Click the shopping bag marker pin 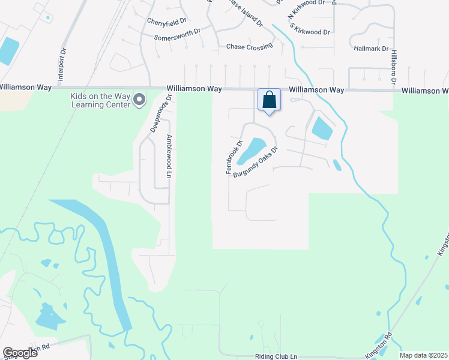(x=270, y=100)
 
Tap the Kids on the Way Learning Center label (x=100, y=100)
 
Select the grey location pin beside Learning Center (x=139, y=100)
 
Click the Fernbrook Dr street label (x=234, y=157)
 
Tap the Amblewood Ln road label (x=169, y=156)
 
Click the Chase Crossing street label (x=249, y=46)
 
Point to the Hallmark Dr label (x=372, y=49)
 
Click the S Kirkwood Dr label (x=310, y=28)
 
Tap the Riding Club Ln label (x=276, y=356)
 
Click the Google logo (x=20, y=352)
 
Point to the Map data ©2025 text (x=423, y=355)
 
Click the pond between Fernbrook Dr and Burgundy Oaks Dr (x=252, y=151)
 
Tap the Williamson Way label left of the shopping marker (x=194, y=89)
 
